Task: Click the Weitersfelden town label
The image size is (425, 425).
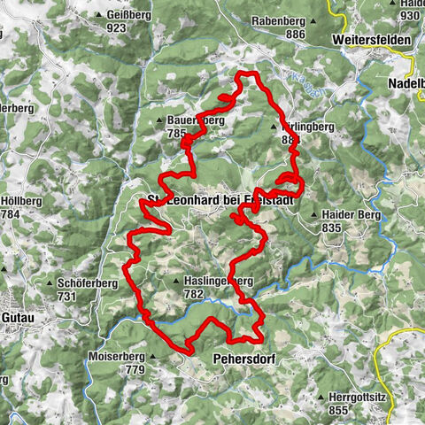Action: [371, 41]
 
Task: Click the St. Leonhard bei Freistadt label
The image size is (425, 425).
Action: [220, 199]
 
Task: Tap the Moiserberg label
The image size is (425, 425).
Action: [115, 357]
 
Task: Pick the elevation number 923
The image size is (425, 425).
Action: [116, 28]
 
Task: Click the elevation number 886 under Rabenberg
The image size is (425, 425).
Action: [295, 35]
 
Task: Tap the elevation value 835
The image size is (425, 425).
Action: [333, 228]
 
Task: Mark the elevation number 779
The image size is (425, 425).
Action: [135, 369]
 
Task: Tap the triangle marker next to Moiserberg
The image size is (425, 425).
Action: [152, 358]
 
